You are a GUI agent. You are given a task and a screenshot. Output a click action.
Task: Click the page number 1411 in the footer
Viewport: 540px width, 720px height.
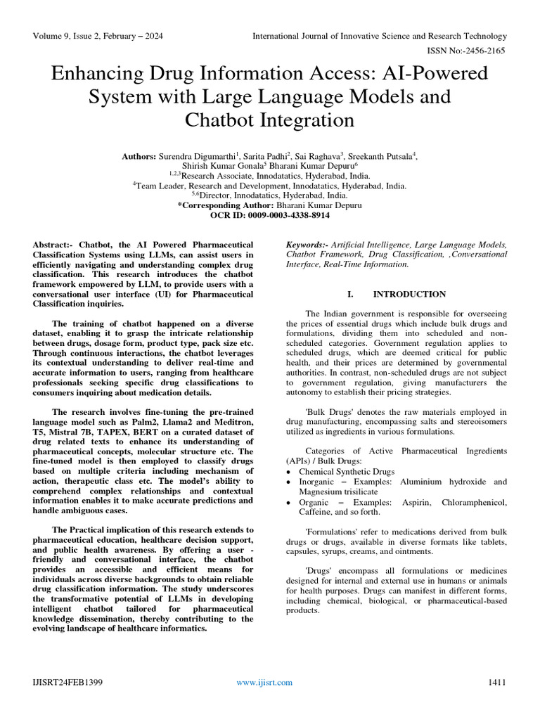point(496,682)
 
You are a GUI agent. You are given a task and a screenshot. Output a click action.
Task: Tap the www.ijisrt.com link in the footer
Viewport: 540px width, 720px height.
point(264,682)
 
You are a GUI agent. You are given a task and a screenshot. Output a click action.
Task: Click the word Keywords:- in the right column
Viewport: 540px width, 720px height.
point(308,245)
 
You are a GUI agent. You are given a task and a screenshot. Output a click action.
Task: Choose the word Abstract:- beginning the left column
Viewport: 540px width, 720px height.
point(55,245)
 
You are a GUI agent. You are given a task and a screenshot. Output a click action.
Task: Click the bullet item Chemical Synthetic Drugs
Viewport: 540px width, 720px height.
point(347,472)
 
